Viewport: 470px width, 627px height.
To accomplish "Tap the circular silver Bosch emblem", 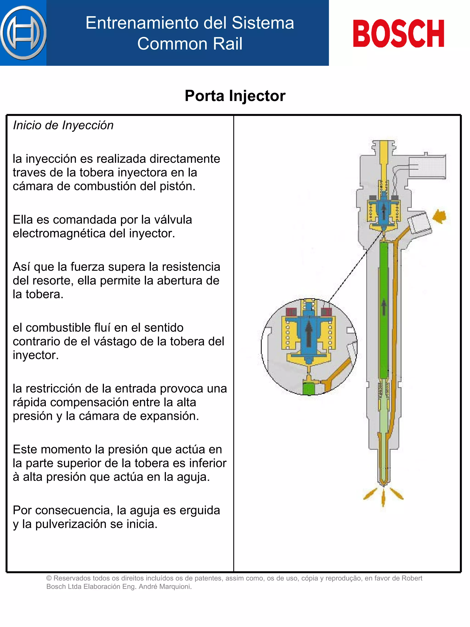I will [23, 33].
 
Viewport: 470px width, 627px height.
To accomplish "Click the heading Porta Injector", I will [235, 96].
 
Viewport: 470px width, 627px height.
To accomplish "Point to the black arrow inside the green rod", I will [384, 308].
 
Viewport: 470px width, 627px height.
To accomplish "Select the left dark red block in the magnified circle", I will [291, 312].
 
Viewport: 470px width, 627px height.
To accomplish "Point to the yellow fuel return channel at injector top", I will [384, 159].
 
